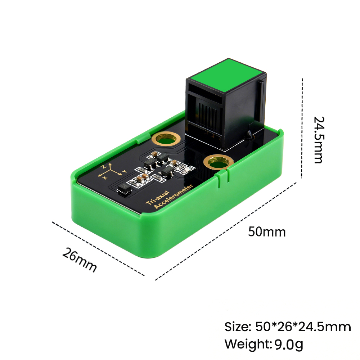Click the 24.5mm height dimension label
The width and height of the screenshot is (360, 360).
click(x=319, y=140)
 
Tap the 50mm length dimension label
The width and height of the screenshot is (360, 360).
click(x=267, y=231)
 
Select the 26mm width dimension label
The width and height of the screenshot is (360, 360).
click(x=80, y=260)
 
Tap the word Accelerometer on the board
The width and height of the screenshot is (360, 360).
click(x=174, y=197)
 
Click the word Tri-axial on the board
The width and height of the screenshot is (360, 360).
click(x=158, y=197)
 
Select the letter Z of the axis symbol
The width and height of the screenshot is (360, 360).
click(x=104, y=166)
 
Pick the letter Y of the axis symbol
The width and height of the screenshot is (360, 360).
click(x=124, y=171)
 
